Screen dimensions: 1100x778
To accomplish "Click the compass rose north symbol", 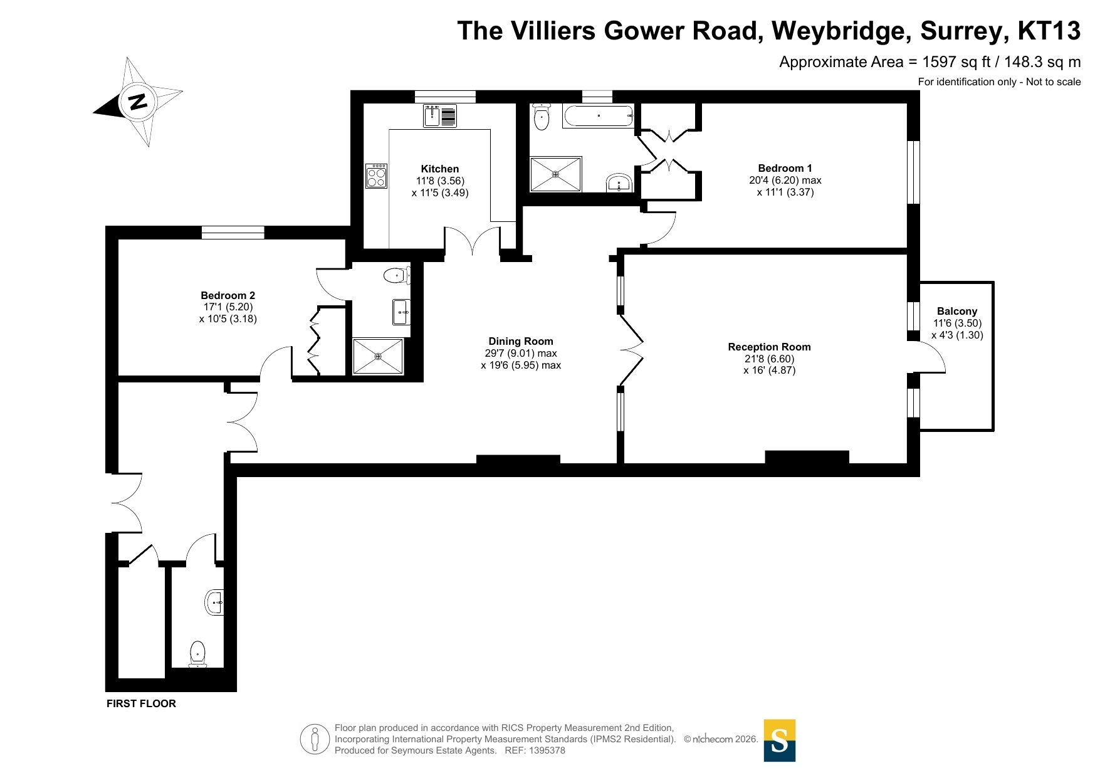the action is click(137, 102).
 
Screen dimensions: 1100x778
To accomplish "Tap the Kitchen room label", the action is click(440, 169).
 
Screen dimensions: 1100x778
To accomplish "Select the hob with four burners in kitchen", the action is click(377, 176).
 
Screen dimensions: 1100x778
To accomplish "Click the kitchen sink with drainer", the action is click(440, 116).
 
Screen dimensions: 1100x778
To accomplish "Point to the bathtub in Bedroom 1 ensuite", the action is click(598, 116).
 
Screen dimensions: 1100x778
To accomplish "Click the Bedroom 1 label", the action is click(785, 168).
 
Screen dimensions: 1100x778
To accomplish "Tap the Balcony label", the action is click(957, 311).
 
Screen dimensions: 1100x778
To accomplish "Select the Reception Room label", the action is click(769, 347).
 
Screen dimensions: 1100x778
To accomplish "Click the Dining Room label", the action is click(521, 341).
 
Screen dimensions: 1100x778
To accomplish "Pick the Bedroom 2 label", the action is click(228, 295).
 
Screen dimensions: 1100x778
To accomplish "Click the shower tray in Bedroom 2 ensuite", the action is click(378, 356).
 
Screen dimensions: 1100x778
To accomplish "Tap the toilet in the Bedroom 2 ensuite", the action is click(397, 275).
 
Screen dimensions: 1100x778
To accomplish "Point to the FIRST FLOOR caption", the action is click(141, 703).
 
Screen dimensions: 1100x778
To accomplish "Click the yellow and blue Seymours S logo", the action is click(780, 740).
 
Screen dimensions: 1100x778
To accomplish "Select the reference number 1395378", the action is click(547, 750).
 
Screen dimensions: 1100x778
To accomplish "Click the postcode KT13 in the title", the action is click(1049, 31).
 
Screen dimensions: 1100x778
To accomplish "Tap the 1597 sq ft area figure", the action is click(961, 62).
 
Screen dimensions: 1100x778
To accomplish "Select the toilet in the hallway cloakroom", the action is click(197, 654).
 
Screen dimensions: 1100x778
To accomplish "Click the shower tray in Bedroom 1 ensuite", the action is click(556, 174).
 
